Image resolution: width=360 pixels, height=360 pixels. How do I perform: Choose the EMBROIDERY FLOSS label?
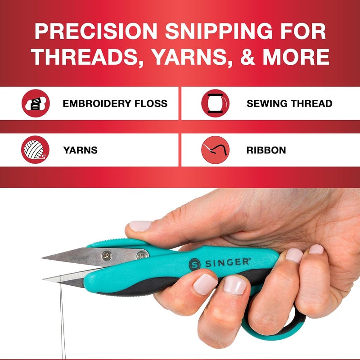coord(115,103)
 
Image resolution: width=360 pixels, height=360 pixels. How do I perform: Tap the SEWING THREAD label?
coord(289,103)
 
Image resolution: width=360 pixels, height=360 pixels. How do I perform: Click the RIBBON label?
coord(266,150)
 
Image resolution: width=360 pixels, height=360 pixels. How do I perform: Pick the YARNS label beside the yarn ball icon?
coord(80,150)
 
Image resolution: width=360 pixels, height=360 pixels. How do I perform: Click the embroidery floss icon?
coord(36,103)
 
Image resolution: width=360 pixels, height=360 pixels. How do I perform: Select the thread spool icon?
coord(216,103)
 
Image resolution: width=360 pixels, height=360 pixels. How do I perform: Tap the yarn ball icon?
coord(36,150)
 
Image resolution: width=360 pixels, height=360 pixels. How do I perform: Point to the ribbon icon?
coord(216,150)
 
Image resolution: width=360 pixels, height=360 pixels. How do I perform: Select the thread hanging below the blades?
coord(62,315)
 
